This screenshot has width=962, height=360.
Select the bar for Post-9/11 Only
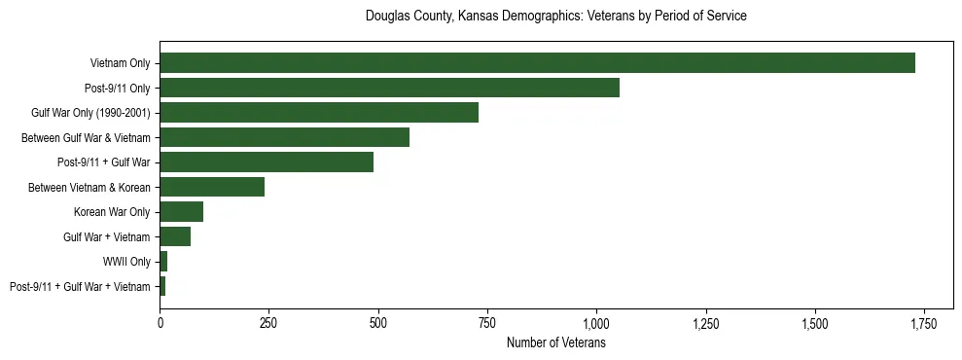(x=389, y=88)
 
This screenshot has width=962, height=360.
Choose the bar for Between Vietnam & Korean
(x=212, y=187)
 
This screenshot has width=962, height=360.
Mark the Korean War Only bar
(x=181, y=212)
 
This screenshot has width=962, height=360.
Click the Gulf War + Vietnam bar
(x=175, y=236)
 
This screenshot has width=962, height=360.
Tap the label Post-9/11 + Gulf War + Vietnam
(x=80, y=287)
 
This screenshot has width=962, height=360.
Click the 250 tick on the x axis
(x=269, y=323)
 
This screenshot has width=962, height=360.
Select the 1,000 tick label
(x=596, y=323)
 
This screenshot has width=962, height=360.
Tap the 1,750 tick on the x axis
(x=924, y=323)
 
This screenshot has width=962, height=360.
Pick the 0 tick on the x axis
(x=160, y=323)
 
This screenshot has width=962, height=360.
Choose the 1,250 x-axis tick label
(x=705, y=323)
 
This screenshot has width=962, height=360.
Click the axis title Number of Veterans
(x=556, y=342)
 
